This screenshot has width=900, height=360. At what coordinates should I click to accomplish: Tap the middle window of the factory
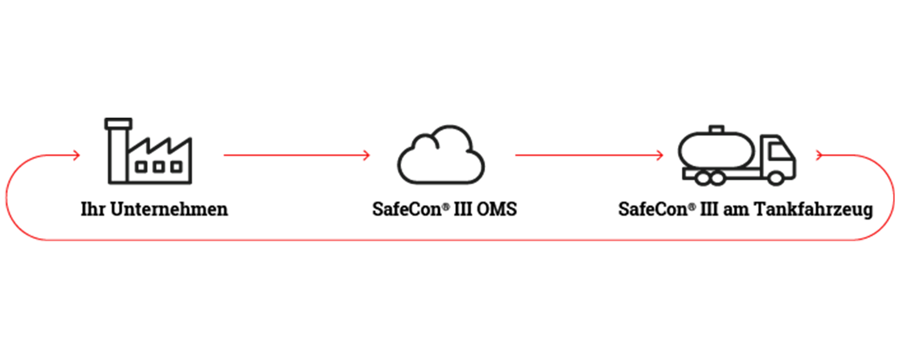pos(159,167)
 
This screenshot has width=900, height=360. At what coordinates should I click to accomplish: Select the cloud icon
pos(441,155)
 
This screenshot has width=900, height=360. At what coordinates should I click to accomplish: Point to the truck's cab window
pos(779,152)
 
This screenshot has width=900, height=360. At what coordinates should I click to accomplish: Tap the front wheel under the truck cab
pos(776,178)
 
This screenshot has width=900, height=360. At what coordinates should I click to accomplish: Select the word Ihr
pos(93,209)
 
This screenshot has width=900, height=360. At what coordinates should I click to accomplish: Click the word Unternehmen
pos(169,209)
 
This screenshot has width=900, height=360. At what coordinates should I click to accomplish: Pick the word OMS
pos(497,209)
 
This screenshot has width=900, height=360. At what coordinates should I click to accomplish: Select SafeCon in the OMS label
pos(407,209)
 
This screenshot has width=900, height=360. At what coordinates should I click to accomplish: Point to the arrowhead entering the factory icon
pos(76,155)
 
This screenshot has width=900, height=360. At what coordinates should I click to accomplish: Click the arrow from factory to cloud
pos(297,155)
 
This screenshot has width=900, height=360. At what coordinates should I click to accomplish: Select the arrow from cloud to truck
pos(589,155)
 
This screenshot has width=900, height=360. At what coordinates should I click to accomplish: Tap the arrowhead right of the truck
pos(820,155)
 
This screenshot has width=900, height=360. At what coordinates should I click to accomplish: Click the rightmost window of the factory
pos(176,167)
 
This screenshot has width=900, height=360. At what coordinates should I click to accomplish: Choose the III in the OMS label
pos(463,209)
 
